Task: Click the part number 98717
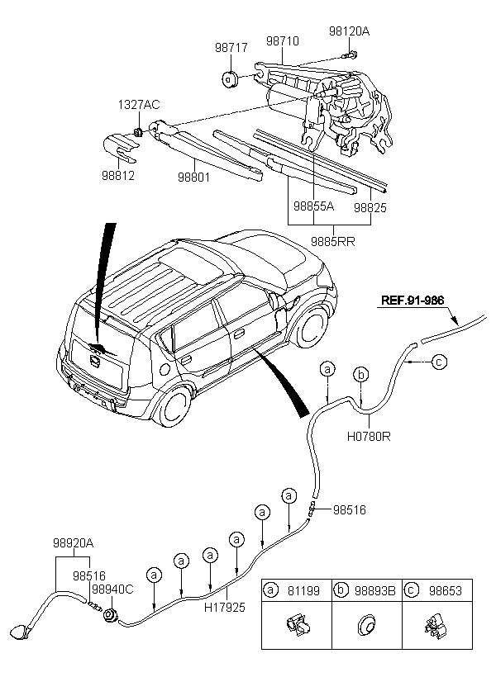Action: pyautogui.click(x=231, y=48)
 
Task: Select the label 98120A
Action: pyautogui.click(x=350, y=31)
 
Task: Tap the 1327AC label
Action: pyautogui.click(x=139, y=105)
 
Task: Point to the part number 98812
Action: pyautogui.click(x=118, y=175)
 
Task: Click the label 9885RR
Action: pyautogui.click(x=333, y=241)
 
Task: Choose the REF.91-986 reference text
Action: pyautogui.click(x=413, y=300)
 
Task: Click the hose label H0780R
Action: pyautogui.click(x=369, y=437)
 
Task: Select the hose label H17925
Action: pyautogui.click(x=224, y=607)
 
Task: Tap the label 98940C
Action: pyautogui.click(x=112, y=589)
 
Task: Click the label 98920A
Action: pyautogui.click(x=73, y=543)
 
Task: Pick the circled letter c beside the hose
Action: pyautogui.click(x=439, y=362)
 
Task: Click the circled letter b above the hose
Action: pyautogui.click(x=361, y=374)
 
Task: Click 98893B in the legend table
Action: pyautogui.click(x=375, y=590)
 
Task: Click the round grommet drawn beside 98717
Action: pyautogui.click(x=230, y=79)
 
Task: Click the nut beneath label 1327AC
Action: pyautogui.click(x=138, y=131)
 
